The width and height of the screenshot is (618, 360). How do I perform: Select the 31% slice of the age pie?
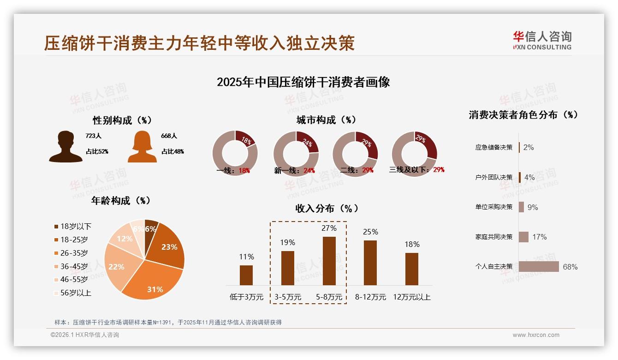coord(152,279)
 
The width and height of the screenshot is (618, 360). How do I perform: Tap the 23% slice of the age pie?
coord(168,247)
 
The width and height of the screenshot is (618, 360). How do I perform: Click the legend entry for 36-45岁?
coord(74,266)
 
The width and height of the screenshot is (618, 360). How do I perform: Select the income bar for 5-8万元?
coord(329,261)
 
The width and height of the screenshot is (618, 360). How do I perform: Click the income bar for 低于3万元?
coord(246,275)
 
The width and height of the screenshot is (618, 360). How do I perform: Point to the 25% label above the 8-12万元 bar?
coord(370,232)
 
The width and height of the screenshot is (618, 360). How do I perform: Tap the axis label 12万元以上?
coord(412,297)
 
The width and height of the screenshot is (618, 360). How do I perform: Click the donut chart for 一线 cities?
coord(235,153)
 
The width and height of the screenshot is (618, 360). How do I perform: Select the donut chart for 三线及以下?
coord(414,153)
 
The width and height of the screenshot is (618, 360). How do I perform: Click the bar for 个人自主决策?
coord(539,267)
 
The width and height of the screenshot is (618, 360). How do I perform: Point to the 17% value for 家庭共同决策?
coord(539,237)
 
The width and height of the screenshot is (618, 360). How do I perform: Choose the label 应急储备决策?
coord(494,147)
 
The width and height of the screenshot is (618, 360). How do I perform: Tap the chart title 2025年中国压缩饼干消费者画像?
coord(303,82)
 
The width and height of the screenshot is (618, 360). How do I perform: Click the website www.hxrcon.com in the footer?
coord(536,335)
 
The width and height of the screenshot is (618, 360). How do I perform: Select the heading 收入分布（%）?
coord(327,209)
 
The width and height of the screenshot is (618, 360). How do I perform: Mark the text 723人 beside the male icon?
coord(93,136)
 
